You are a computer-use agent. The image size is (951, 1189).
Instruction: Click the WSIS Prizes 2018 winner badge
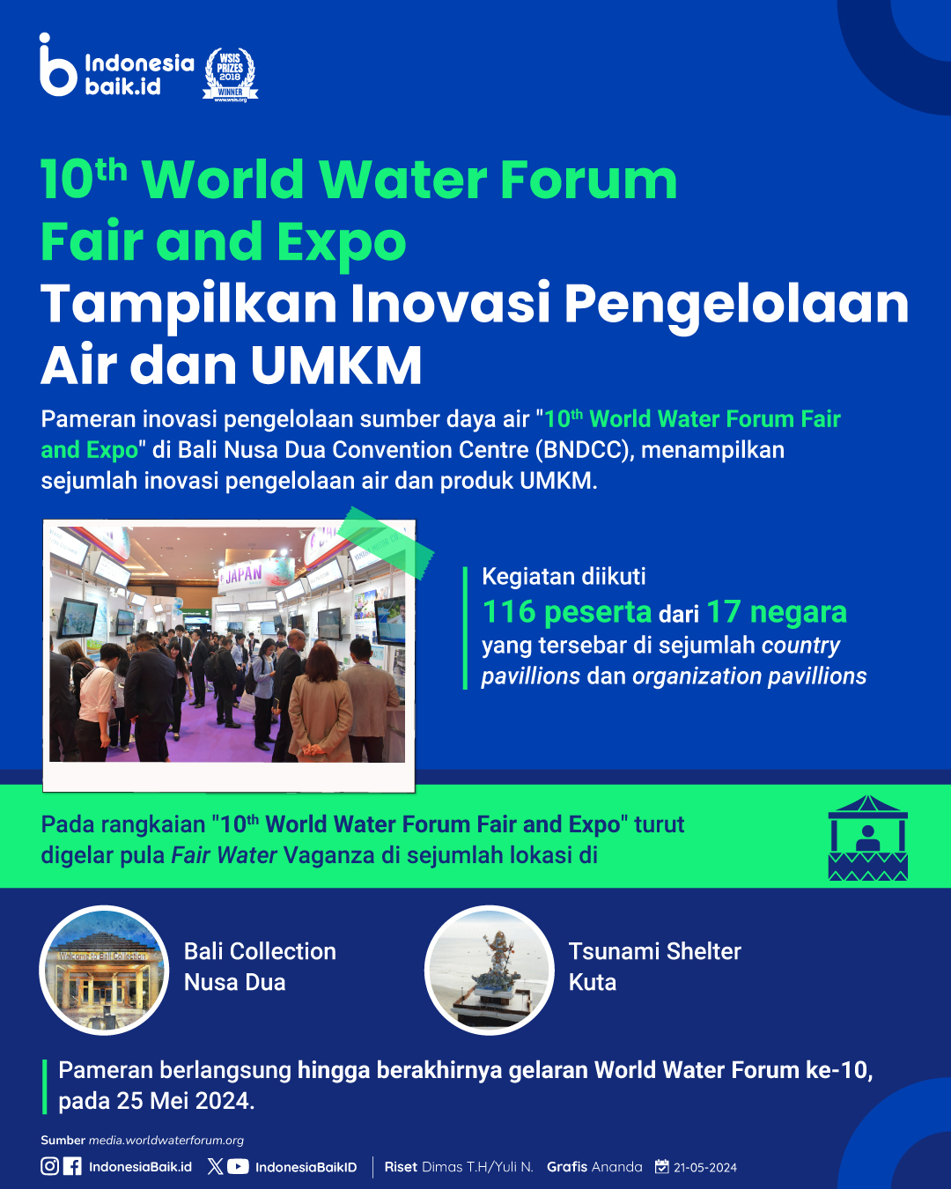pos(230,75)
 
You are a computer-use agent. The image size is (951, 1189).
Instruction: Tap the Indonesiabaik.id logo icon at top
pos(57,64)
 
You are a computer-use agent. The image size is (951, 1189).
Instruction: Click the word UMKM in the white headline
pos(336,366)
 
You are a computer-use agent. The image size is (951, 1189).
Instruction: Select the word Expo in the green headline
pos(342,242)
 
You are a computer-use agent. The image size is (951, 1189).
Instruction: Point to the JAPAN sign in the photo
pos(244,574)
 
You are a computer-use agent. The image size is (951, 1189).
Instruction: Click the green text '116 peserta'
pos(567,612)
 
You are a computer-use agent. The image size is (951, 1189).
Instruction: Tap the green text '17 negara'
pos(777,611)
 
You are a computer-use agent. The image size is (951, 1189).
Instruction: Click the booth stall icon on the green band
pos(867,838)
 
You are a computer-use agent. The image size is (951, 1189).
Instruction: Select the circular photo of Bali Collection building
pos(104,970)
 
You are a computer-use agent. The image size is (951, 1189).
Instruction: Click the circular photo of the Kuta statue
pos(489,970)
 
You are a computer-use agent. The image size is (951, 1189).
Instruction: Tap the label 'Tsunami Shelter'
pos(655,951)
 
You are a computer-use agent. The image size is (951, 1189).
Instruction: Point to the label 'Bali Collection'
pos(260,951)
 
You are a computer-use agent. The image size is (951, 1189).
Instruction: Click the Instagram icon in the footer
pos(49,1166)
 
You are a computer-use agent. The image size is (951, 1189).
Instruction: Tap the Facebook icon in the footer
pos(72,1166)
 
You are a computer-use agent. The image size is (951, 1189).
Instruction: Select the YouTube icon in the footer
pos(238,1166)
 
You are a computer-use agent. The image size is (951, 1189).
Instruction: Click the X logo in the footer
pos(216,1166)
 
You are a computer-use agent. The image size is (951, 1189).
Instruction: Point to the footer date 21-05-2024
pos(705,1167)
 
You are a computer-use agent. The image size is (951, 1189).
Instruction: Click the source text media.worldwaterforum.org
pos(166,1140)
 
